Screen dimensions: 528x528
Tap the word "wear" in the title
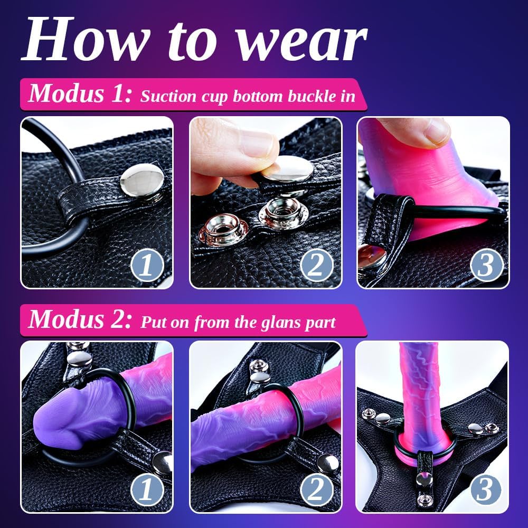pyautogui.click(x=301, y=44)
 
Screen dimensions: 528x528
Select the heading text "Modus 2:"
pyautogui.click(x=80, y=319)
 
